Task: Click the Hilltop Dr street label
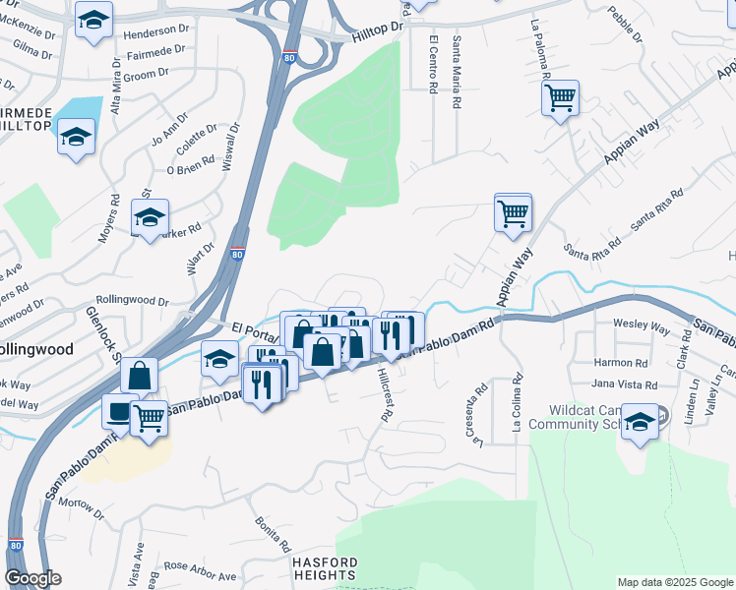click(378, 32)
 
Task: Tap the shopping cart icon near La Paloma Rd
click(560, 97)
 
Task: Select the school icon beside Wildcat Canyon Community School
click(641, 422)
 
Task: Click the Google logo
click(32, 578)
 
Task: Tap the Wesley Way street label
click(641, 324)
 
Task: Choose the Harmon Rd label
click(619, 362)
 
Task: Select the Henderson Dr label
click(154, 32)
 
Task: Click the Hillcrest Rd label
click(385, 392)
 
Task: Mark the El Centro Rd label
click(434, 65)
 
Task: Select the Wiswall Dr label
click(232, 145)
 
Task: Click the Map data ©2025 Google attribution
click(674, 582)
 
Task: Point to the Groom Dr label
click(150, 74)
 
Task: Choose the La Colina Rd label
click(516, 404)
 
